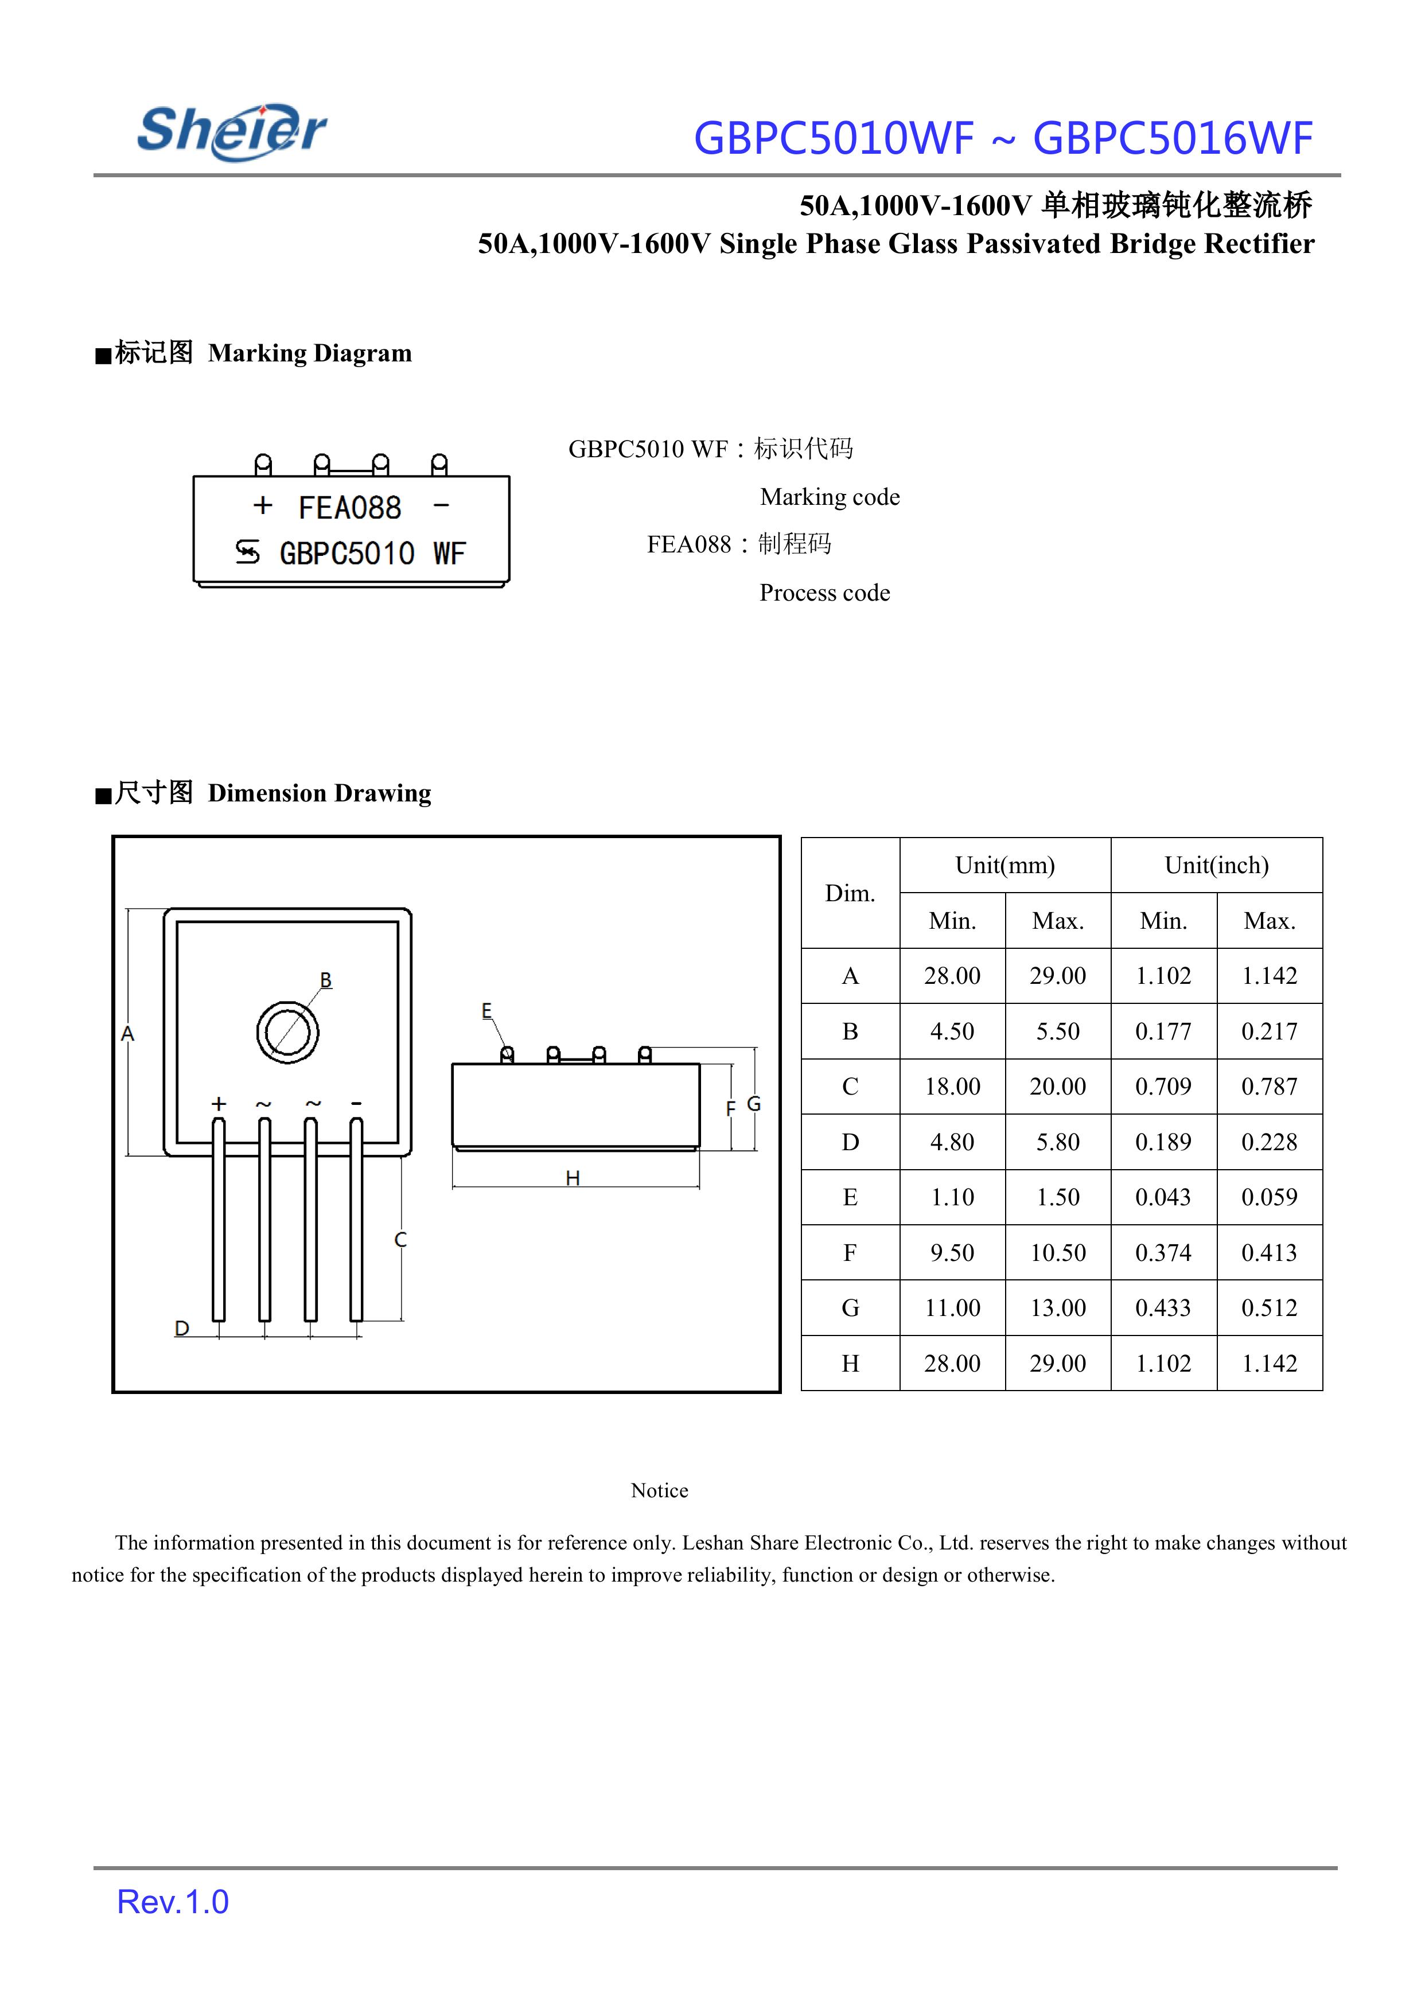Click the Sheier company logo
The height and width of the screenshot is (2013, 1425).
pos(232,131)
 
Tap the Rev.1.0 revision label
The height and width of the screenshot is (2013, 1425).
pos(173,1902)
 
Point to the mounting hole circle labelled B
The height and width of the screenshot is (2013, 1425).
pos(288,1032)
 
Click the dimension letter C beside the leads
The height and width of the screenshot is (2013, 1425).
pos(401,1239)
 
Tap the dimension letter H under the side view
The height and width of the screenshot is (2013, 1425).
pos(573,1178)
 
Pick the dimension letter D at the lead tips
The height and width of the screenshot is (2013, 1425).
pos(182,1327)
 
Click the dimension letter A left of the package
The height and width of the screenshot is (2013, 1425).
pos(128,1034)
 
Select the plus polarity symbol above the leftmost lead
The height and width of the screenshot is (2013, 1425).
pos(219,1104)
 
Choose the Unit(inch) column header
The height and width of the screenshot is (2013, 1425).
pos(1216,865)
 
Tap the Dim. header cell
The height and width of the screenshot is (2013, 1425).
pos(850,893)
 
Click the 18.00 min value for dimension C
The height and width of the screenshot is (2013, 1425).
pos(952,1087)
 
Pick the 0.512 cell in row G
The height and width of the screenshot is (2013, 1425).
pos(1269,1307)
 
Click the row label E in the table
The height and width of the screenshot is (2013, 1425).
pos(850,1197)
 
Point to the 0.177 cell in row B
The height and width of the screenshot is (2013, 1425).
pos(1163,1031)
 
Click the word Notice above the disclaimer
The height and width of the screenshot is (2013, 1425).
pos(659,1490)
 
